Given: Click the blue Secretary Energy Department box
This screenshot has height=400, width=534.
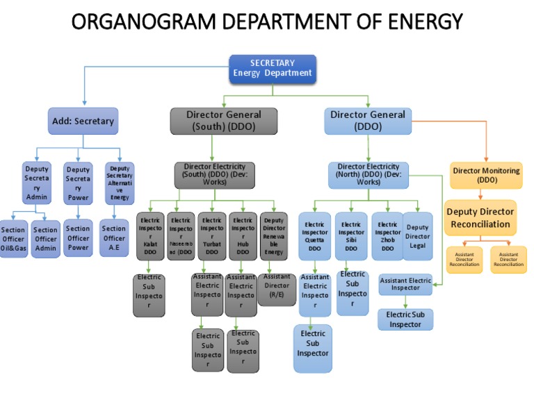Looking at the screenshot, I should tap(273, 68).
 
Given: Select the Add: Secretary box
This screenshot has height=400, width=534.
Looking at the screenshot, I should tap(83, 121).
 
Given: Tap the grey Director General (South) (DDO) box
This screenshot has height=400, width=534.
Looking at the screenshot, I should tap(224, 121).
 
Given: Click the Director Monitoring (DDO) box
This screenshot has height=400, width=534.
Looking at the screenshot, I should tap(487, 175).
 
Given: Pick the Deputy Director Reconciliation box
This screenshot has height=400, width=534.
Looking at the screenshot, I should tap(481, 217).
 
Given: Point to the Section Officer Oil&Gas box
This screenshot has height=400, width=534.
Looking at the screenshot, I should tap(13, 239).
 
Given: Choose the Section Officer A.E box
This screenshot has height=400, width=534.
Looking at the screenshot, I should tap(114, 237).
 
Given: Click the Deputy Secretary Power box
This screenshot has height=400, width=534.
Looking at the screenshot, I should tap(78, 183).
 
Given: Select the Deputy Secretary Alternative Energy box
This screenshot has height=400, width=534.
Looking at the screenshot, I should tap(120, 183).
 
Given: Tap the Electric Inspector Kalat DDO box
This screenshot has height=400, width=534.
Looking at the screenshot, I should tap(150, 236).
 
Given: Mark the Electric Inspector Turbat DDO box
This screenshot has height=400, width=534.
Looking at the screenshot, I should tap(212, 236).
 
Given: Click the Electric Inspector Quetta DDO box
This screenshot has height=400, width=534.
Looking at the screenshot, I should tap(315, 236).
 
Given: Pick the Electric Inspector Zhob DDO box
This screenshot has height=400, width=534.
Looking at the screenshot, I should tap(387, 236).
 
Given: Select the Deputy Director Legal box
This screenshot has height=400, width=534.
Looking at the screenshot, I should tap(418, 236).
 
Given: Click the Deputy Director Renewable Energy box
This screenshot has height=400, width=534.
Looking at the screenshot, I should tap(273, 236).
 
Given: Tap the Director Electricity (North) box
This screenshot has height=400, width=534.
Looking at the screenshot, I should tap(369, 175).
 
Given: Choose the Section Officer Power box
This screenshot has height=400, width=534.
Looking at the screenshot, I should tap(78, 237).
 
